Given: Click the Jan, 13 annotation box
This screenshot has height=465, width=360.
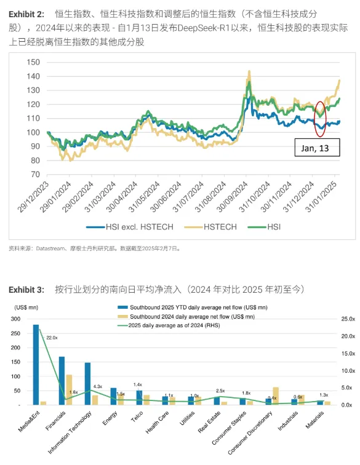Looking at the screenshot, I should pyautogui.click(x=316, y=148).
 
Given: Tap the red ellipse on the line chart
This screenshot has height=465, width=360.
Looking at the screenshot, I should pyautogui.click(x=319, y=119).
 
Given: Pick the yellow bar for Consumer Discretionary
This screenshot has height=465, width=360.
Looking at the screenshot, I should pyautogui.click(x=276, y=395).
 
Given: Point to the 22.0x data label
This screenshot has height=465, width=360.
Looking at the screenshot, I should pyautogui.click(x=52, y=338).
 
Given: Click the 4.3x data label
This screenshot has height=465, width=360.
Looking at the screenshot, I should pyautogui.click(x=98, y=386).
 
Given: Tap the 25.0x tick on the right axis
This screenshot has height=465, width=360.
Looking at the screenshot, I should pyautogui.click(x=348, y=319).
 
